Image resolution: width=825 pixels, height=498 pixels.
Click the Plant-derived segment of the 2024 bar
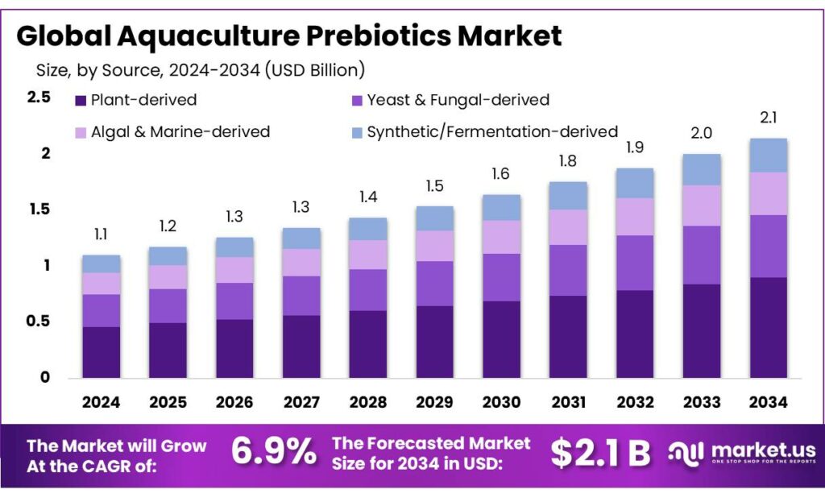[101, 351]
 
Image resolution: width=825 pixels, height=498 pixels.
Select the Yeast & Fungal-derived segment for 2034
[769, 246]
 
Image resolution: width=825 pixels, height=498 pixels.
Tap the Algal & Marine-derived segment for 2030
[501, 237]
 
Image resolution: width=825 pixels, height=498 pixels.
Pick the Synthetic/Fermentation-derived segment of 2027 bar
[301, 238]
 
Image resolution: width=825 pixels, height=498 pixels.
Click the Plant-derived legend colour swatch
[81, 101]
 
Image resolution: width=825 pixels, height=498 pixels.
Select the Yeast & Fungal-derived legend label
[458, 101]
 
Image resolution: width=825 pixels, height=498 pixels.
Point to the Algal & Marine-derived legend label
[180, 131]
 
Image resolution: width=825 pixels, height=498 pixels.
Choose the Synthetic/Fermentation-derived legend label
[492, 131]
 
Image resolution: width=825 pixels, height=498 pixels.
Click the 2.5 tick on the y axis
[39, 98]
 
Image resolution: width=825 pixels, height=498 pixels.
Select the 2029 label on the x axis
[434, 401]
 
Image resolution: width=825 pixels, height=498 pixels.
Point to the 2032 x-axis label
[635, 401]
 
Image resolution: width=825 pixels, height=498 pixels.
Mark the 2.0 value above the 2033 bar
[702, 133]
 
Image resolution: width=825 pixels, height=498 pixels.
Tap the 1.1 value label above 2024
[101, 234]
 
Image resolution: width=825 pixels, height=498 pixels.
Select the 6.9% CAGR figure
[274, 452]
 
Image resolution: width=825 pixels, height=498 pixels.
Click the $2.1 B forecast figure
[600, 453]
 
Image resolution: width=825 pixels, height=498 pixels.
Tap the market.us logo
[741, 452]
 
